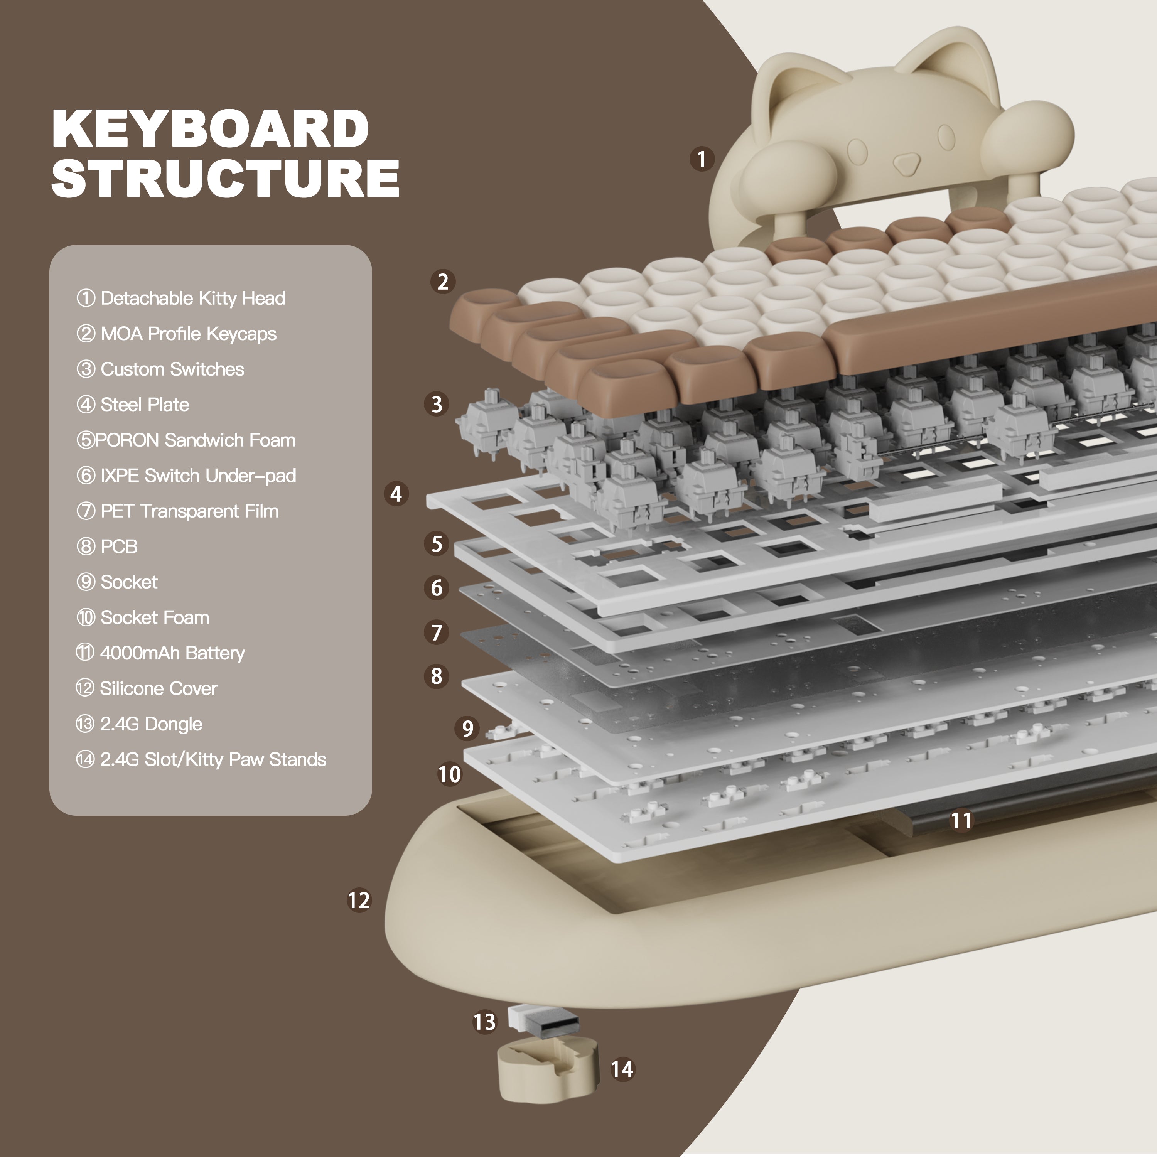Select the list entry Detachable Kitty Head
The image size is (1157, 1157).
[x=192, y=298]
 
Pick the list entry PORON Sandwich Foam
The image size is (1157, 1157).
[x=195, y=440]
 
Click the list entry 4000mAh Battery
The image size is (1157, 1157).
[x=172, y=653]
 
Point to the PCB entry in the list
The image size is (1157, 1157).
[x=118, y=546]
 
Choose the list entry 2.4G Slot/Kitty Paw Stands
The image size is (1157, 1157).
[x=213, y=759]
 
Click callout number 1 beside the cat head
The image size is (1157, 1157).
[x=702, y=159]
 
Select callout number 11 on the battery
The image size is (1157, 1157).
[x=961, y=820]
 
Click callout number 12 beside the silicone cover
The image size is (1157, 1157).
[x=359, y=900]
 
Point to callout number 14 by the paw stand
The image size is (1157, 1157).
[x=622, y=1069]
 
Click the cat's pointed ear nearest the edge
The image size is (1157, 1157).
[x=958, y=60]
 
